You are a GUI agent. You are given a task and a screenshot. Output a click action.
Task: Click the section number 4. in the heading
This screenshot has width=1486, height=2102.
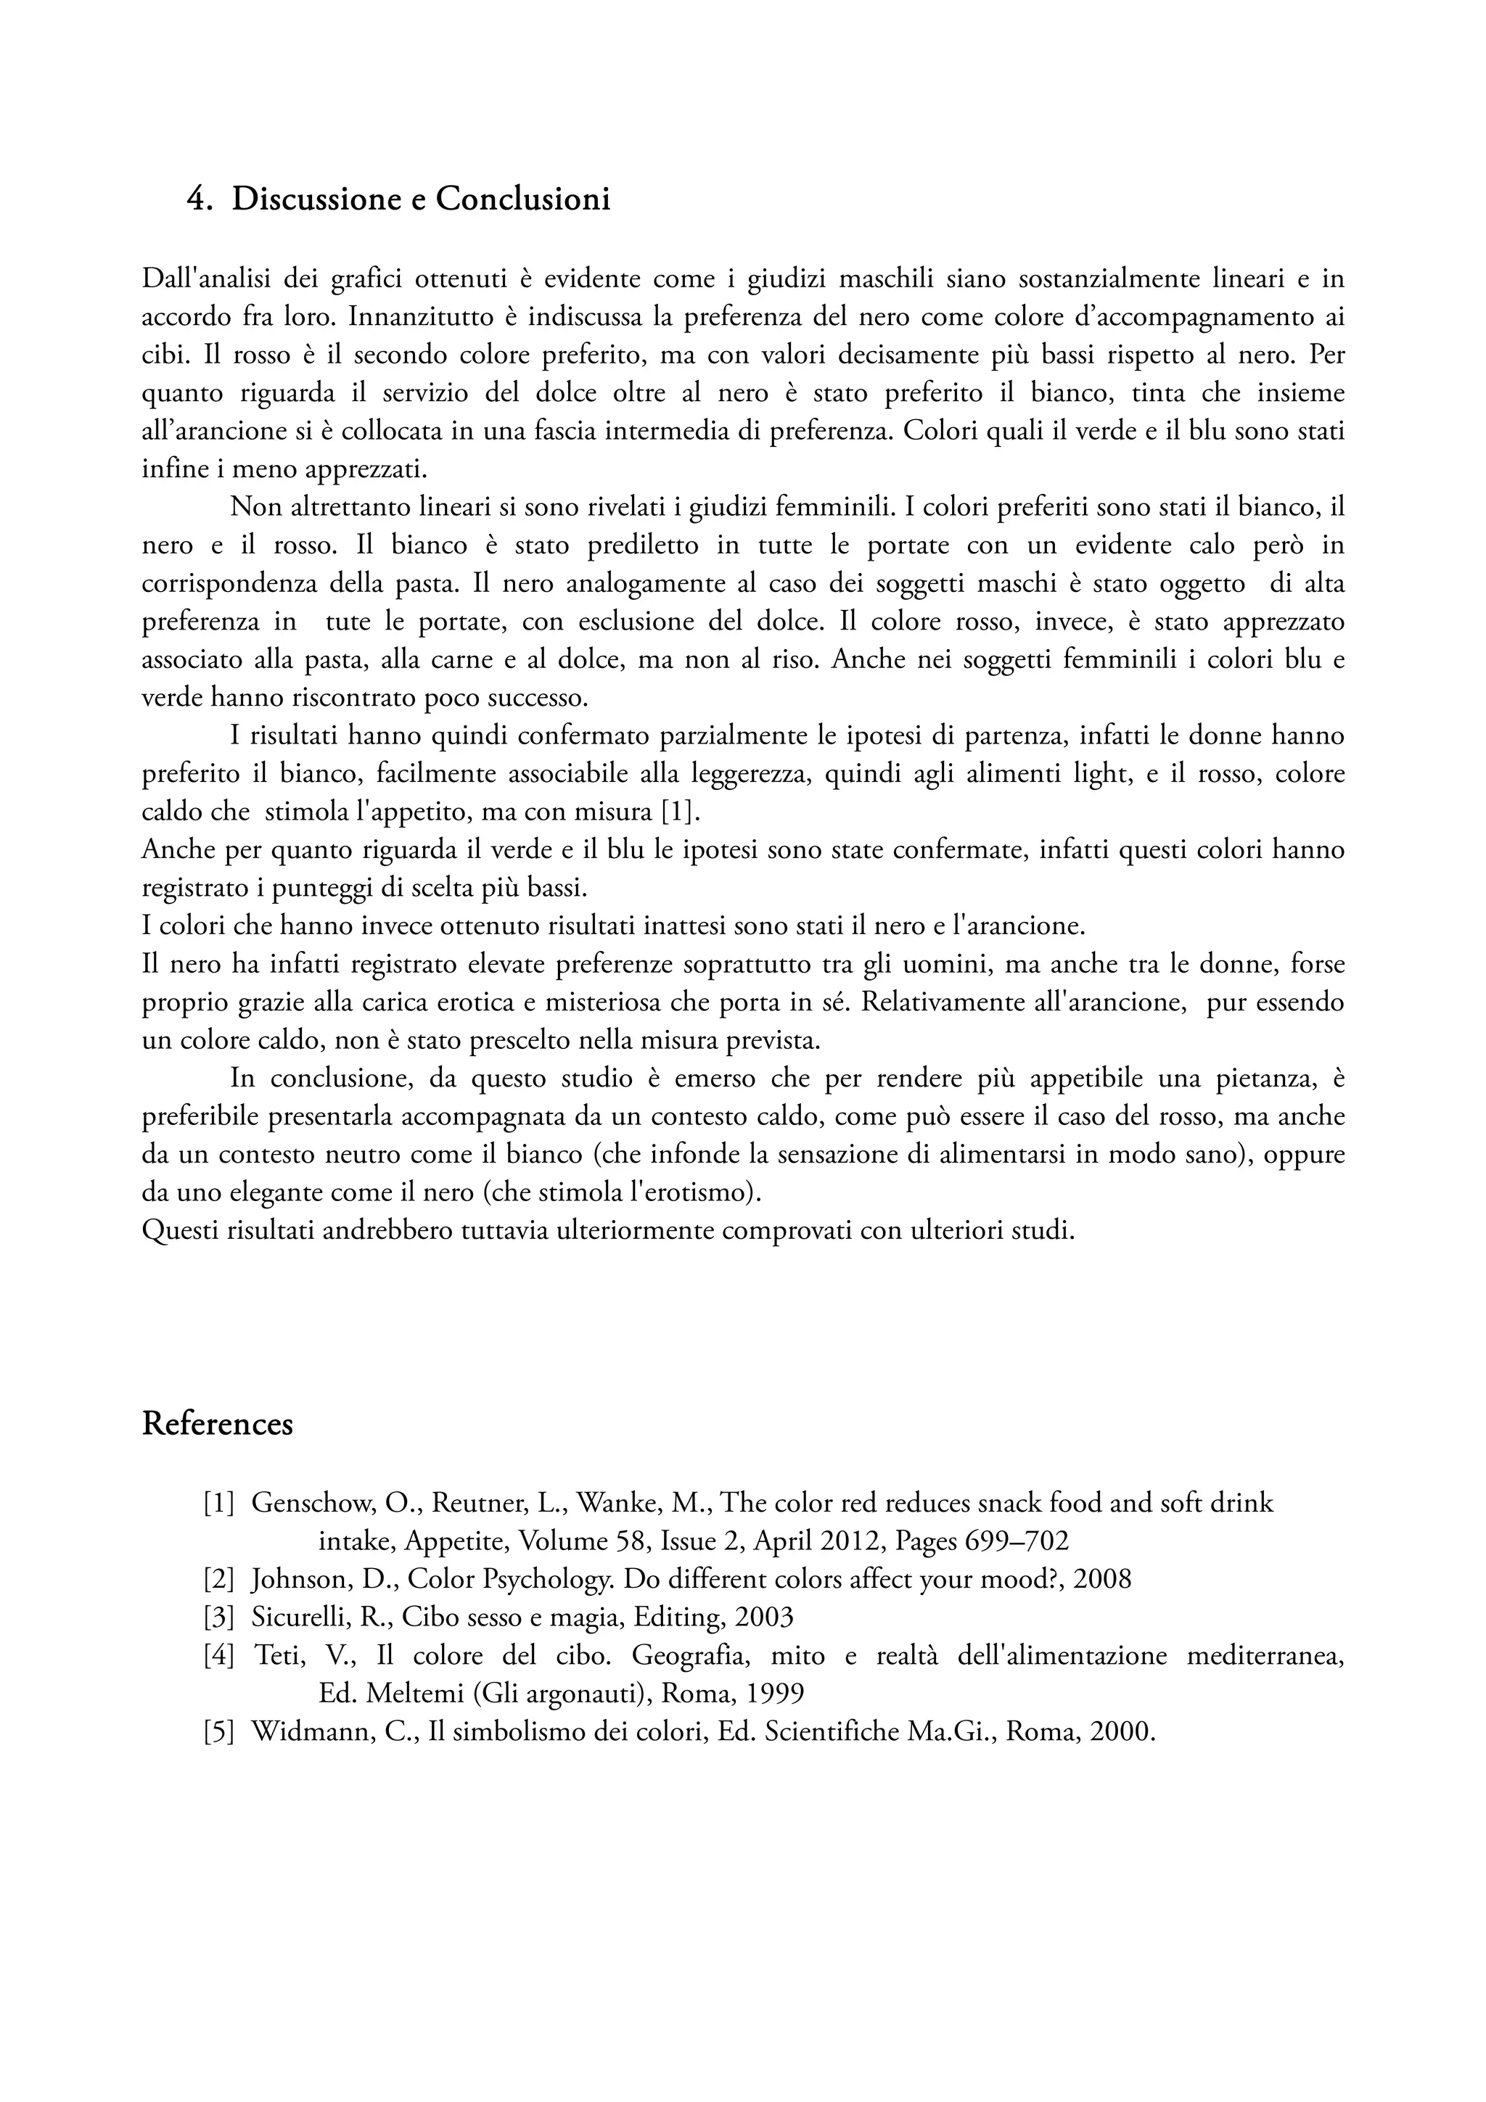point(200,199)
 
